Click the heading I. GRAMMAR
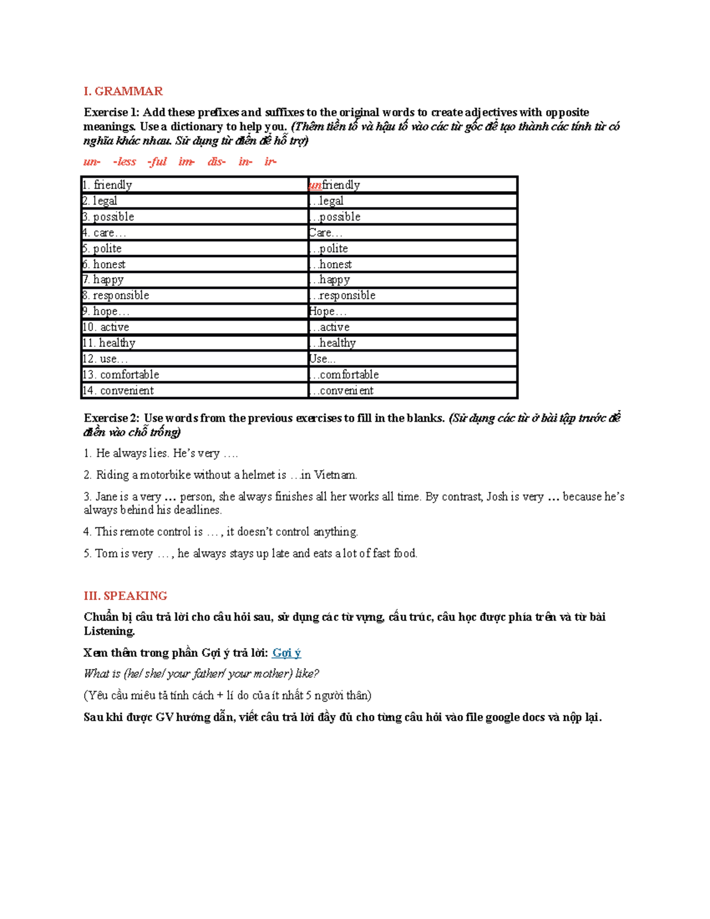[123, 91]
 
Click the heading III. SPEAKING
[125, 595]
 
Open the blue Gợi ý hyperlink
[286, 653]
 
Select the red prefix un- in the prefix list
[92, 162]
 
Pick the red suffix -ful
[157, 162]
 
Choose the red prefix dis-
[217, 162]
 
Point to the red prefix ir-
[270, 162]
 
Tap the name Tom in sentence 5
[106, 553]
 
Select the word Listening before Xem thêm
[109, 631]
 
